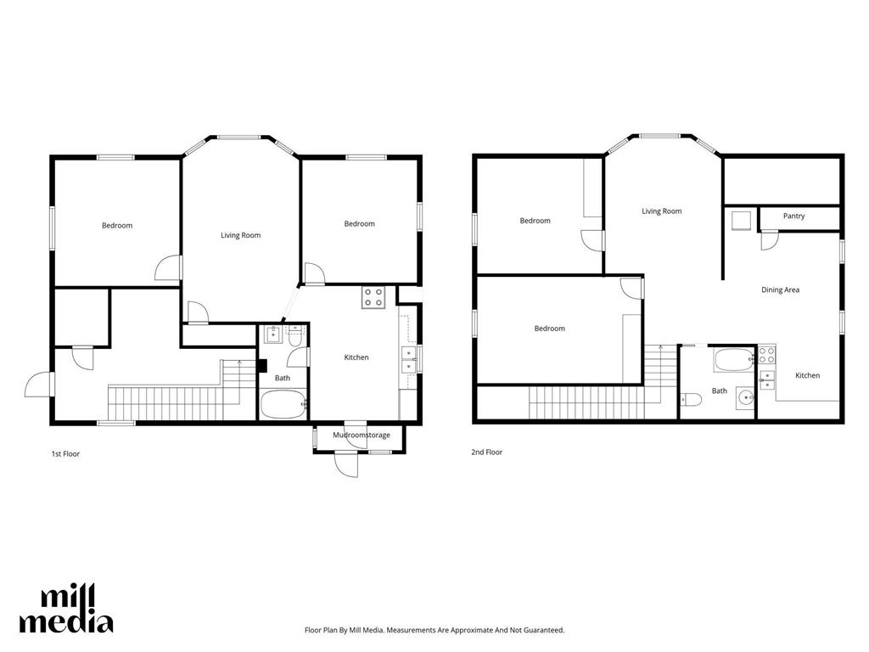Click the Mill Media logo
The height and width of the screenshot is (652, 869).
pos(66,609)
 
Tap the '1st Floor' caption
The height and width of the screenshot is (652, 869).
pos(65,453)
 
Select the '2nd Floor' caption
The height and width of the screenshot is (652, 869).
pos(486,452)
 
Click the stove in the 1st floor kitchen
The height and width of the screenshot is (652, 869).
pos(373,297)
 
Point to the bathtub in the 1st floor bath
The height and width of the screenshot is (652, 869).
pos(283,404)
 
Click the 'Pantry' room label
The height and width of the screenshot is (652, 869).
pos(793,216)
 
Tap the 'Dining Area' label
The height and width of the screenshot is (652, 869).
pos(780,289)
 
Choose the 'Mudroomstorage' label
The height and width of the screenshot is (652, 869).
pos(362,436)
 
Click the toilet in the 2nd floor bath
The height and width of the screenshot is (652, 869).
pos(691,398)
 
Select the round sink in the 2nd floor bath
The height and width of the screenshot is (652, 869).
pos(747,397)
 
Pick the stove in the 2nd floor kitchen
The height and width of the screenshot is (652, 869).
pos(766,355)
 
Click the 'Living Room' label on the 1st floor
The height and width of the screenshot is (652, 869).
pos(240,235)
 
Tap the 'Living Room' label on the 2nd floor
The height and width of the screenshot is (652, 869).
pos(661,211)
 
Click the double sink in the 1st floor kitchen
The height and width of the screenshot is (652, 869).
pos(409,359)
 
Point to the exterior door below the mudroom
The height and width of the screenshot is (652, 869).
pos(346,464)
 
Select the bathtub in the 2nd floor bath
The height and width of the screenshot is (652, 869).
pos(734,360)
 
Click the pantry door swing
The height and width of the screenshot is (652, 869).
pos(769,240)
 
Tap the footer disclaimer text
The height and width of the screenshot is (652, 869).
pos(434,630)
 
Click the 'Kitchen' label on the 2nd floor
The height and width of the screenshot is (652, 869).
pos(808,375)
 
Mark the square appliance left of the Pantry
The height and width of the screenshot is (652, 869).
pos(740,220)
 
